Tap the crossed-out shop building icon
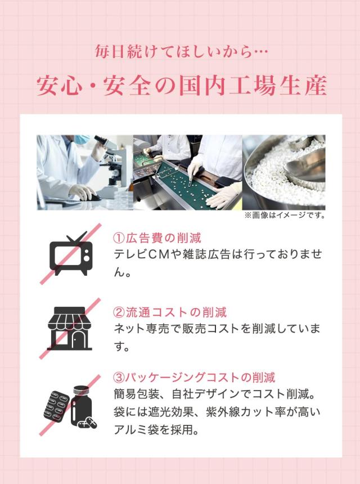pyautogui.click(x=69, y=328)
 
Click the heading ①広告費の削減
pyautogui.click(x=157, y=238)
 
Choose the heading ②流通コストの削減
pyautogui.click(x=170, y=312)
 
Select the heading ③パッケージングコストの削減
pyautogui.click(x=194, y=377)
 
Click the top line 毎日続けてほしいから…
pyautogui.click(x=181, y=51)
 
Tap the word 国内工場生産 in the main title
pyautogui.click(x=253, y=85)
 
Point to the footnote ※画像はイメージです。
pyautogui.click(x=285, y=215)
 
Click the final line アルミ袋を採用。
pyautogui.click(x=156, y=429)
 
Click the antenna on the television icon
pyautogui.click(x=76, y=237)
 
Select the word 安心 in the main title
pyautogui.click(x=59, y=85)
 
